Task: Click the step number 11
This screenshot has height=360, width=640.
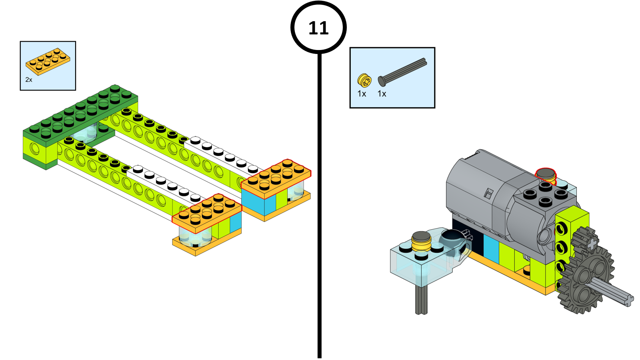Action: pyautogui.click(x=318, y=28)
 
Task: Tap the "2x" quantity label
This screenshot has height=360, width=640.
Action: pyautogui.click(x=29, y=80)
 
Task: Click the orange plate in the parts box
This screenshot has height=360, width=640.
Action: pyautogui.click(x=48, y=62)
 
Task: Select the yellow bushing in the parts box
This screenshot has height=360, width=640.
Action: pyautogui.click(x=364, y=80)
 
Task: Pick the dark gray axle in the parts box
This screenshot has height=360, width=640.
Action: pyautogui.click(x=402, y=72)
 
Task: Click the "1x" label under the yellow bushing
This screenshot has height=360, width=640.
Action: pyautogui.click(x=362, y=94)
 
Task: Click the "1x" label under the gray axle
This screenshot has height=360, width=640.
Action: pyautogui.click(x=382, y=94)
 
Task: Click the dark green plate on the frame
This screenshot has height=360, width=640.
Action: pyautogui.click(x=80, y=112)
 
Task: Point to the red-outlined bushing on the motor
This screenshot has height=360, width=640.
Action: pyautogui.click(x=546, y=174)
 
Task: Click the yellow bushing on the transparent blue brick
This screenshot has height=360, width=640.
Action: pyautogui.click(x=421, y=240)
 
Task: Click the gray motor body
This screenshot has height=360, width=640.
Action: pyautogui.click(x=480, y=188)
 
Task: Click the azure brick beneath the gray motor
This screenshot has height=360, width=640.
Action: pyautogui.click(x=491, y=248)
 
